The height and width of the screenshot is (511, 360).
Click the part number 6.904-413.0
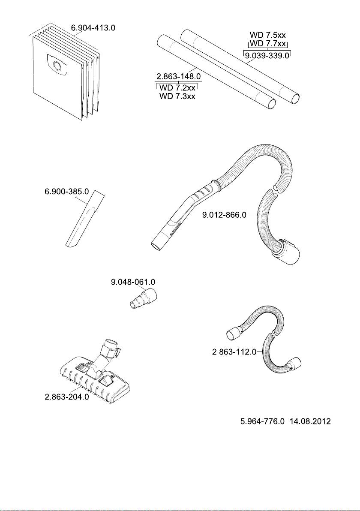click(93, 28)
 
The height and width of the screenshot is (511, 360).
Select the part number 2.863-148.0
click(178, 77)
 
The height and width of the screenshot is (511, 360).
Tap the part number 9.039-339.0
click(267, 55)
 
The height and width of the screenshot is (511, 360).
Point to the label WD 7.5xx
click(268, 35)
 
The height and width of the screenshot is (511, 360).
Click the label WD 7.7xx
click(268, 44)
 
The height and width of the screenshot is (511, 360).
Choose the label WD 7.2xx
click(177, 88)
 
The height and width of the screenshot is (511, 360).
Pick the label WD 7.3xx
click(177, 96)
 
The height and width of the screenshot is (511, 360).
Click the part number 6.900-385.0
click(66, 192)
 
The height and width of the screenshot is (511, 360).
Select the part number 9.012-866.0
click(225, 215)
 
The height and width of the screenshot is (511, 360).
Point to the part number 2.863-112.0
click(234, 352)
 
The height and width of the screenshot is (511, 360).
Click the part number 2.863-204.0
click(66, 397)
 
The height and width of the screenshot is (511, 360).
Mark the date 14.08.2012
click(310, 421)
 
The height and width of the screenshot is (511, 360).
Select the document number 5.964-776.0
click(263, 421)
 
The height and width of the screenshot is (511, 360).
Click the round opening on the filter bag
click(58, 66)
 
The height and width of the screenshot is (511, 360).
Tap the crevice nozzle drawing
click(86, 219)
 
